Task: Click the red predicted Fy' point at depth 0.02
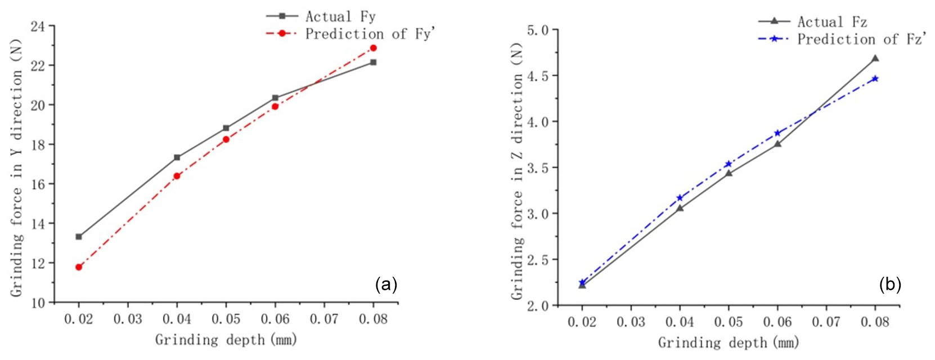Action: [x=79, y=267]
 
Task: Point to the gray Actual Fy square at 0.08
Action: [x=373, y=62]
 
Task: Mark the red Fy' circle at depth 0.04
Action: [x=177, y=176]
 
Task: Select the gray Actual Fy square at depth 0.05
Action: [x=226, y=128]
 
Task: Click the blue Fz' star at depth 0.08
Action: [x=875, y=79]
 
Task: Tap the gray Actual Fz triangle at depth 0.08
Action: [x=875, y=58]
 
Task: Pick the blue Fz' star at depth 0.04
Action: [x=680, y=198]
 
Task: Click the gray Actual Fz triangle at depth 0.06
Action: [x=777, y=144]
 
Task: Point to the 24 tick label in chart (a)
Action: [x=39, y=26]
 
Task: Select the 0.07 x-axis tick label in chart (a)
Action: [x=324, y=319]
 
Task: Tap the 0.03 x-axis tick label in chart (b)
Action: [x=631, y=322]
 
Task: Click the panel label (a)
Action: [x=386, y=285]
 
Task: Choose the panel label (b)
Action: [x=890, y=285]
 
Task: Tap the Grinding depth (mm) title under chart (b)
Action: [x=729, y=343]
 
